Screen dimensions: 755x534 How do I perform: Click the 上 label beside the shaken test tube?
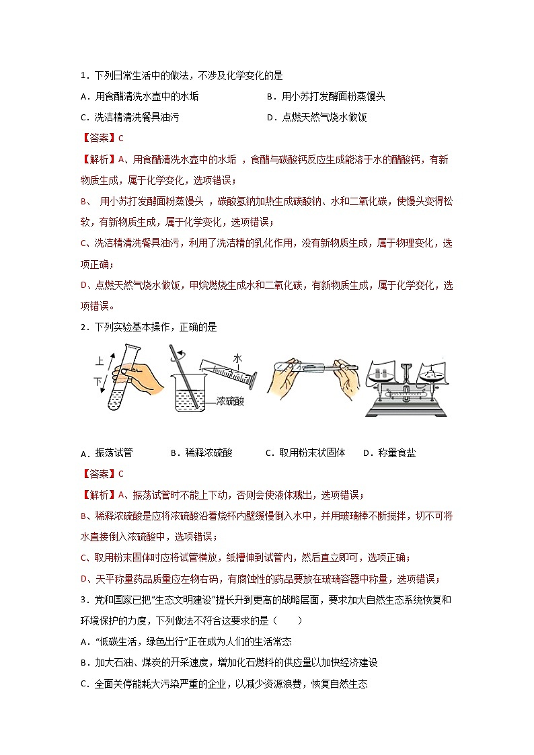point(100,361)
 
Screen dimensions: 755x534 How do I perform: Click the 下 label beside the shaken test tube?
point(98,381)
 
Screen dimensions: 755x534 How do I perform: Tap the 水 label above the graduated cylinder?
point(237,358)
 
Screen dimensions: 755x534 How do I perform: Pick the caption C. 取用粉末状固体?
point(306,453)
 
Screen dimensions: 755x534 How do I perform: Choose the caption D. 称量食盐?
point(389,453)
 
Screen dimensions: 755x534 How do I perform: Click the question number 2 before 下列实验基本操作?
point(82,327)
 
